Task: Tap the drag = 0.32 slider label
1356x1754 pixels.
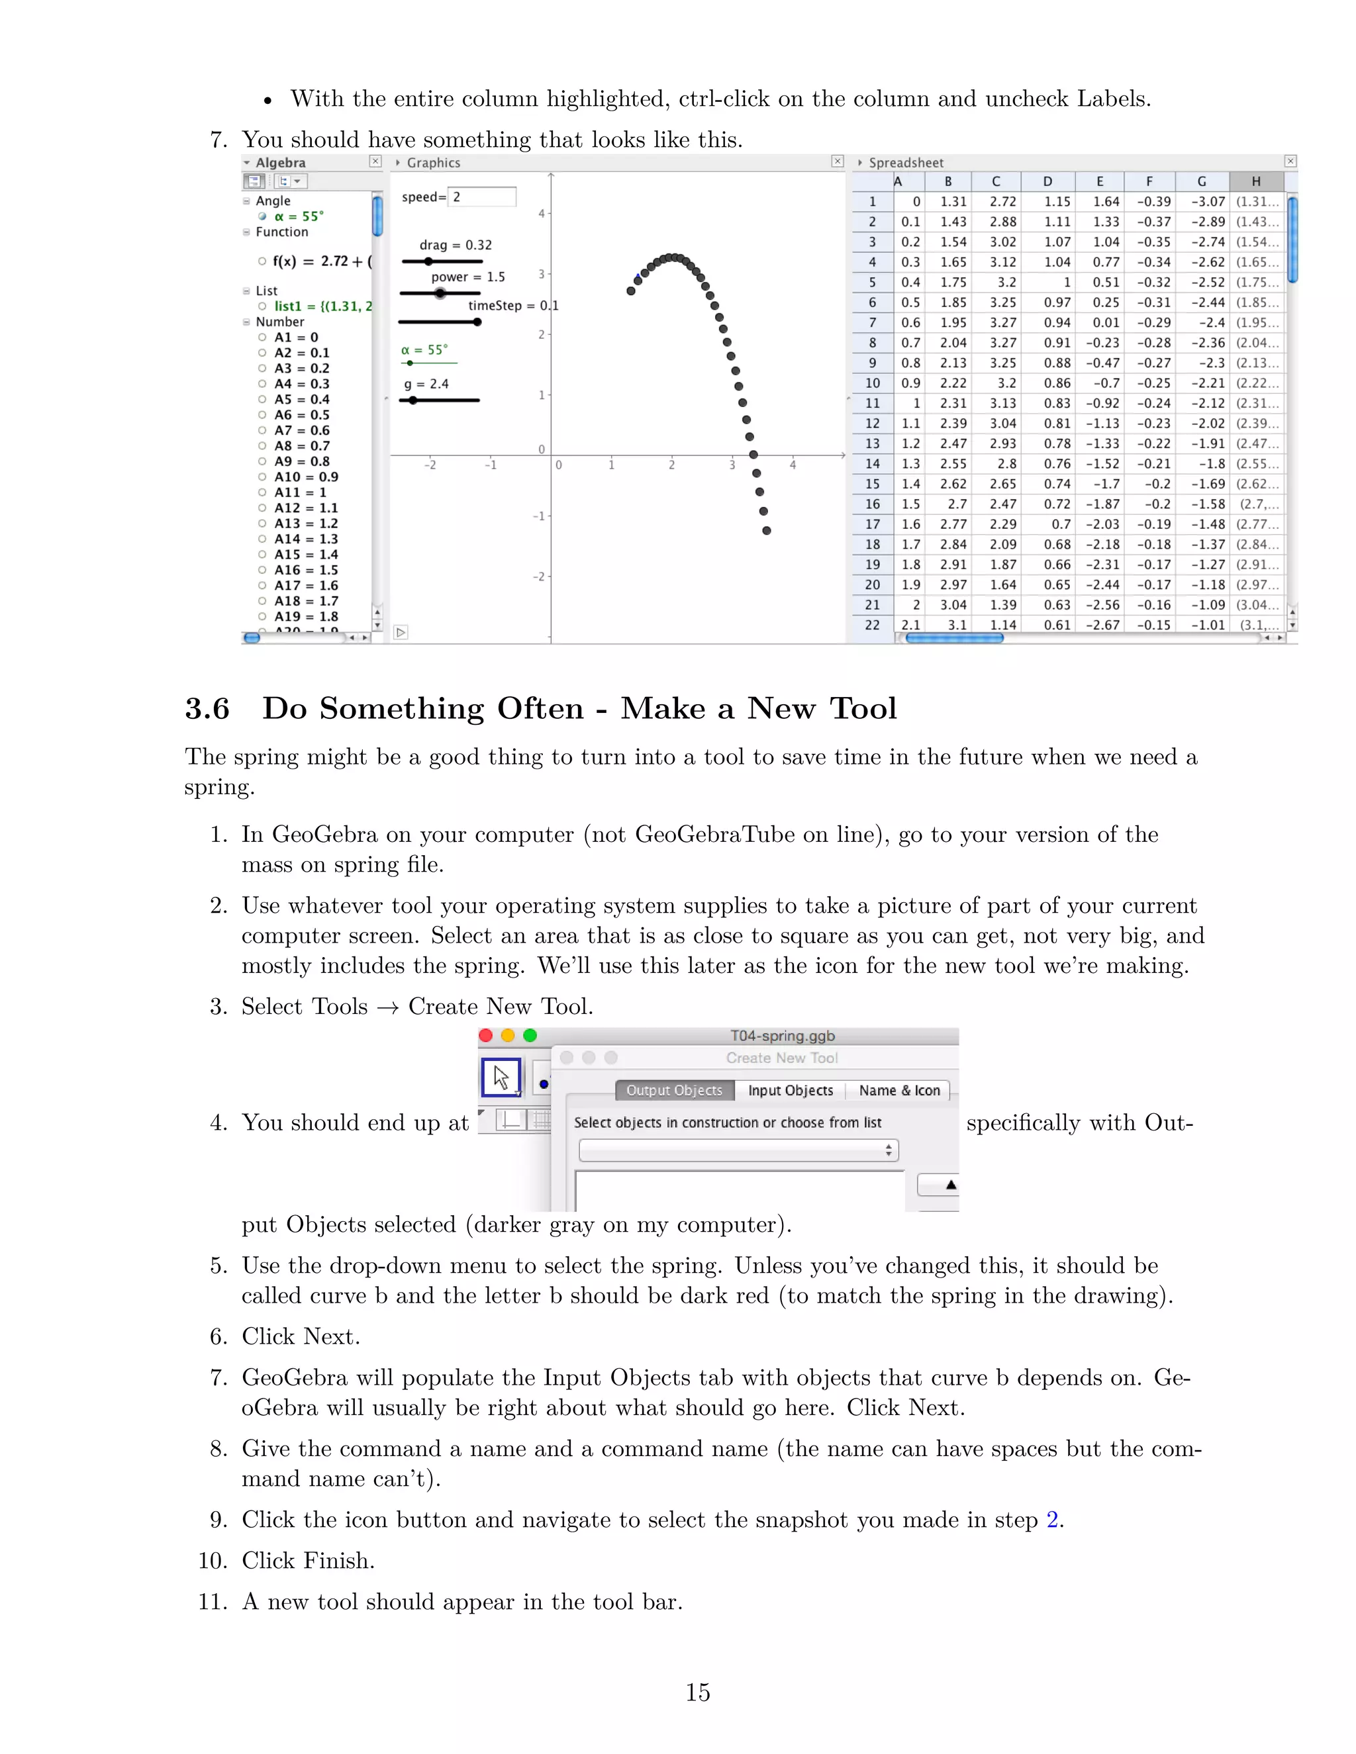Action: point(455,245)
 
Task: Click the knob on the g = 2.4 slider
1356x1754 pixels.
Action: point(413,400)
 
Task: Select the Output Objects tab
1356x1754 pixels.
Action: point(674,1090)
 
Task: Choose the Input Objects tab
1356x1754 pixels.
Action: point(790,1090)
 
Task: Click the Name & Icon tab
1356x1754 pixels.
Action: point(899,1090)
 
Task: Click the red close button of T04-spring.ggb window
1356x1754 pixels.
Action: point(486,1035)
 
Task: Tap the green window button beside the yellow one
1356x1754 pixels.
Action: point(530,1035)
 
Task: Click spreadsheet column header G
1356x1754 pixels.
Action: point(1201,181)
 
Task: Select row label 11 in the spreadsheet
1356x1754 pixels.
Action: point(873,403)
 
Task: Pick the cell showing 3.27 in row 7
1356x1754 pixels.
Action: point(1002,323)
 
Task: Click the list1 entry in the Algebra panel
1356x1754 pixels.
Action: point(321,306)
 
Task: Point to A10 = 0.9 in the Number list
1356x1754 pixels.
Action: point(306,477)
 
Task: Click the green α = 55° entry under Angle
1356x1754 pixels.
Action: point(298,216)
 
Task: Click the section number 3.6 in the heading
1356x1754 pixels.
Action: point(207,708)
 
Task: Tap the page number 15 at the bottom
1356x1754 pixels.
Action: point(697,1693)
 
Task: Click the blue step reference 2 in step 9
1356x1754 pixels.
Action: point(1051,1520)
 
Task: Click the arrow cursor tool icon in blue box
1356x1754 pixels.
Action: point(501,1077)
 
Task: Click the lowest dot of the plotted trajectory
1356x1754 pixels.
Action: point(766,531)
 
